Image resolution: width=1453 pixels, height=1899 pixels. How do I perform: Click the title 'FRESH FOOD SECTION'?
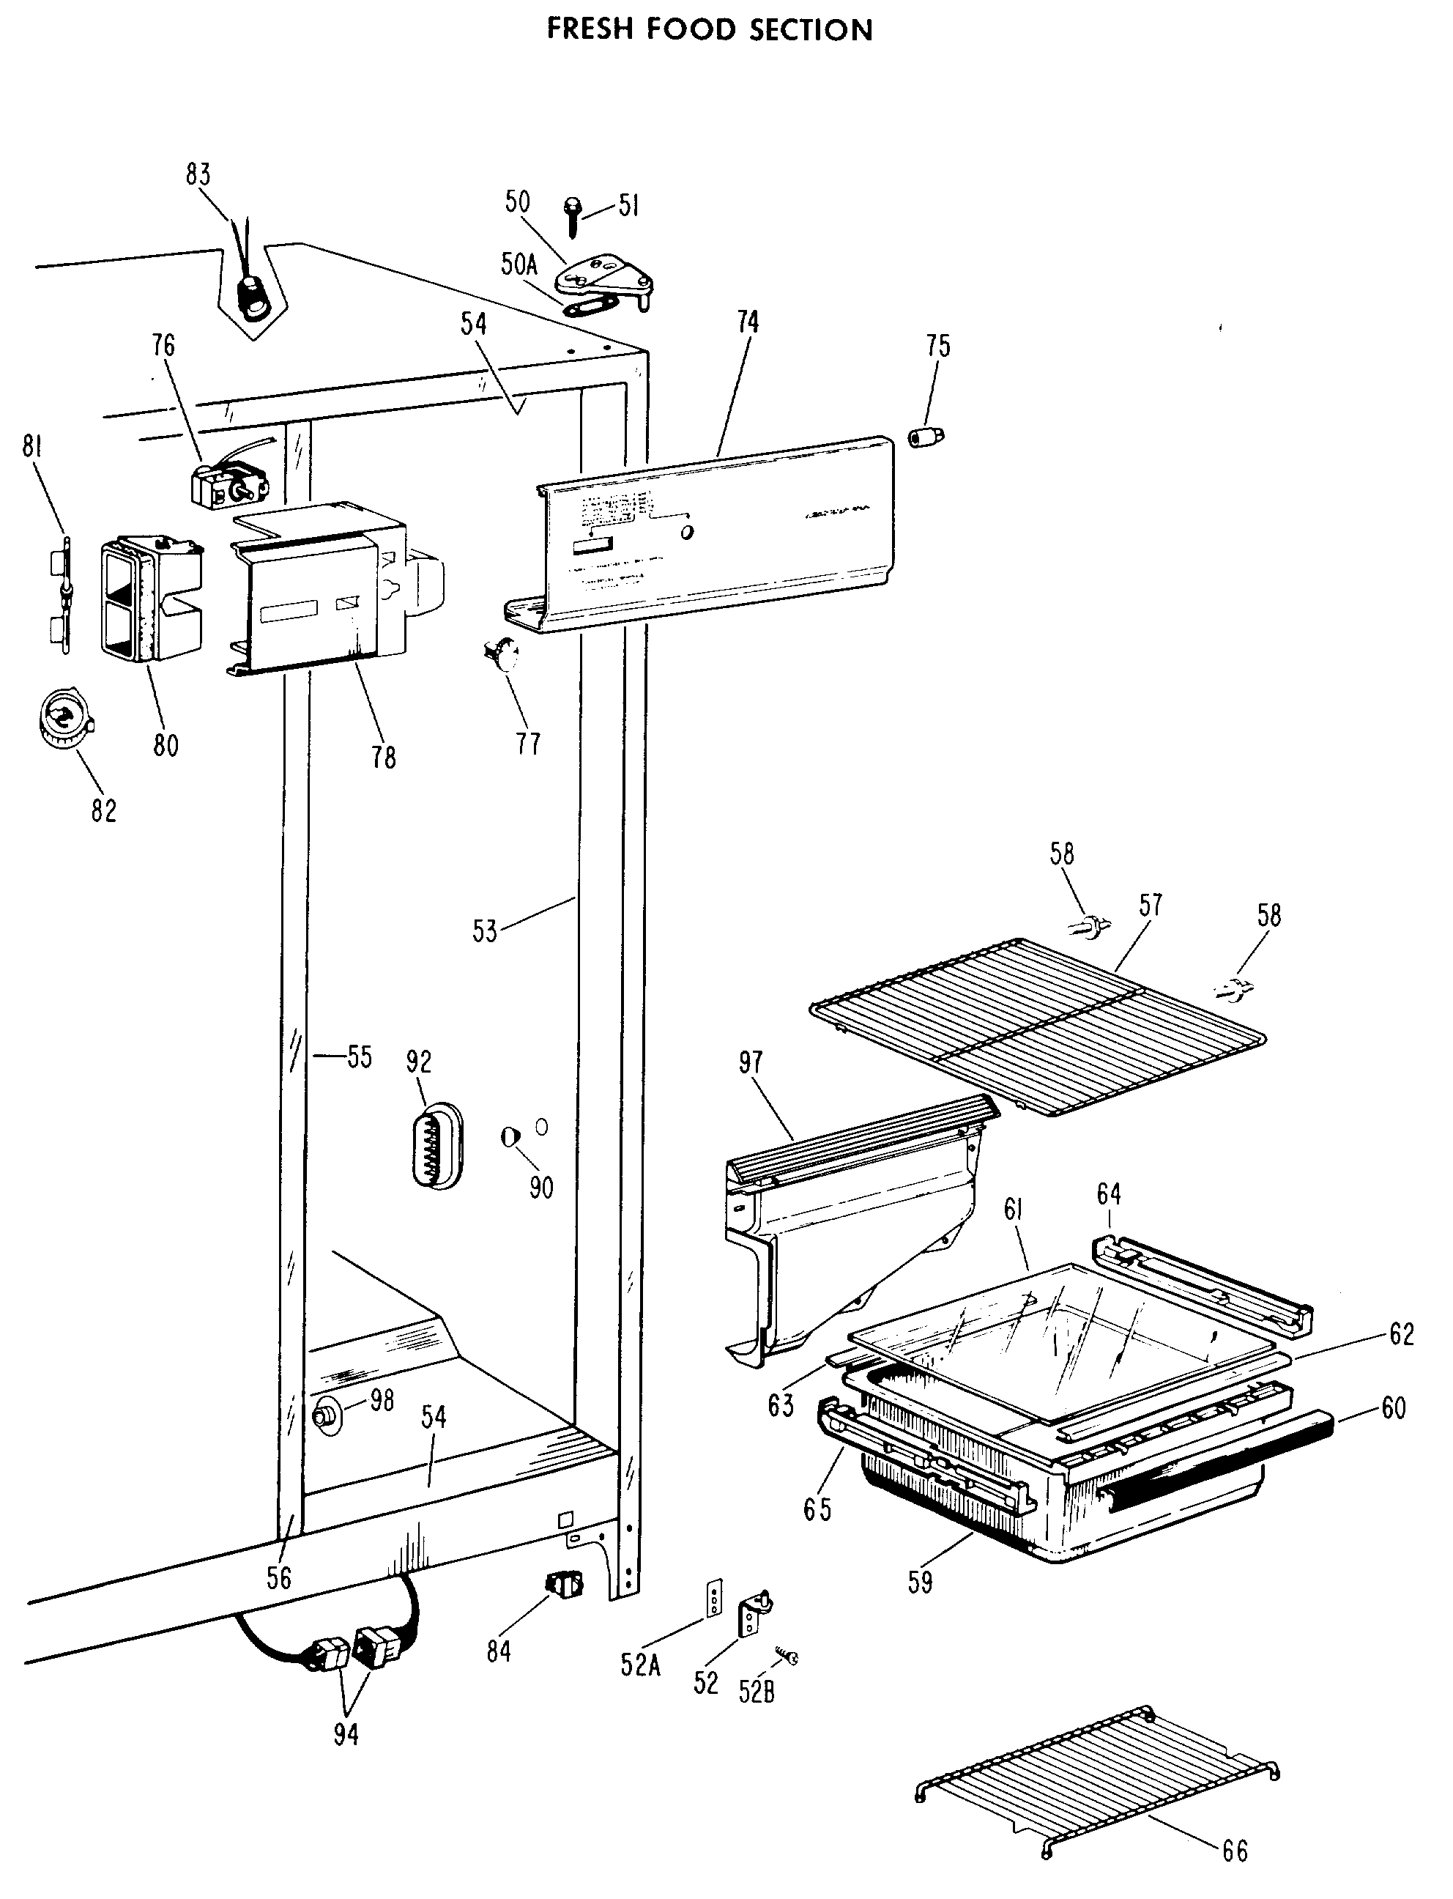(709, 30)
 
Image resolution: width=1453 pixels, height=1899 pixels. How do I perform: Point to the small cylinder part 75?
(926, 436)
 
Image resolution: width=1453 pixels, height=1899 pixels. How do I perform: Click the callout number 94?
(346, 1733)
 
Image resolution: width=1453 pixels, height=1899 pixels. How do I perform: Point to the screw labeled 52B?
(787, 1656)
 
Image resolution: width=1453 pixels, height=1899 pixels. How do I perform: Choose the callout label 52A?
(640, 1665)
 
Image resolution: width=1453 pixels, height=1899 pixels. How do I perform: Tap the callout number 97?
(751, 1062)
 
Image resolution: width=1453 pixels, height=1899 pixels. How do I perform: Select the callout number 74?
(747, 322)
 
